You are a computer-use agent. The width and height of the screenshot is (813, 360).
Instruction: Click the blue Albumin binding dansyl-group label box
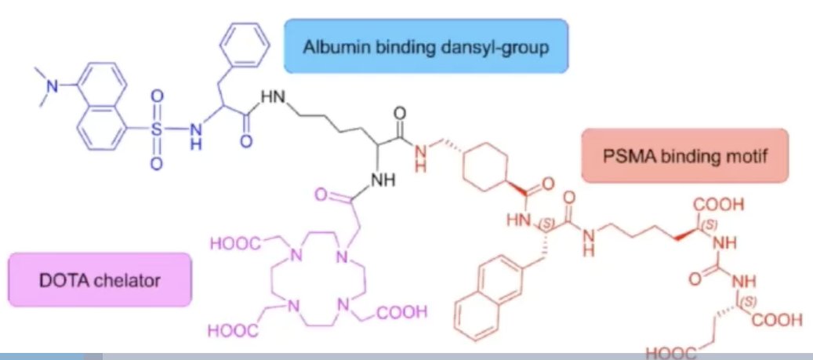pyautogui.click(x=426, y=46)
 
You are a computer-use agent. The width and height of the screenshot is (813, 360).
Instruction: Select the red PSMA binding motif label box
pyautogui.click(x=684, y=155)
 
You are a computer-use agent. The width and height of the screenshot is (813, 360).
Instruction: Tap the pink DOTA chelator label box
pyautogui.click(x=100, y=280)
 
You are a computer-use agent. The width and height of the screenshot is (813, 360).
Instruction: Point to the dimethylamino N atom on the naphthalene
pyautogui.click(x=52, y=87)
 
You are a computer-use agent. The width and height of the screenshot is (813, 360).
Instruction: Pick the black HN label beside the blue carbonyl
pyautogui.click(x=272, y=97)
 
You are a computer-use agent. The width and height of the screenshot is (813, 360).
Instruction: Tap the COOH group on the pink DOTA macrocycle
pyautogui.click(x=402, y=312)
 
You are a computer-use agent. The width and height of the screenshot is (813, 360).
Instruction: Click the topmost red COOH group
pyautogui.click(x=720, y=205)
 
